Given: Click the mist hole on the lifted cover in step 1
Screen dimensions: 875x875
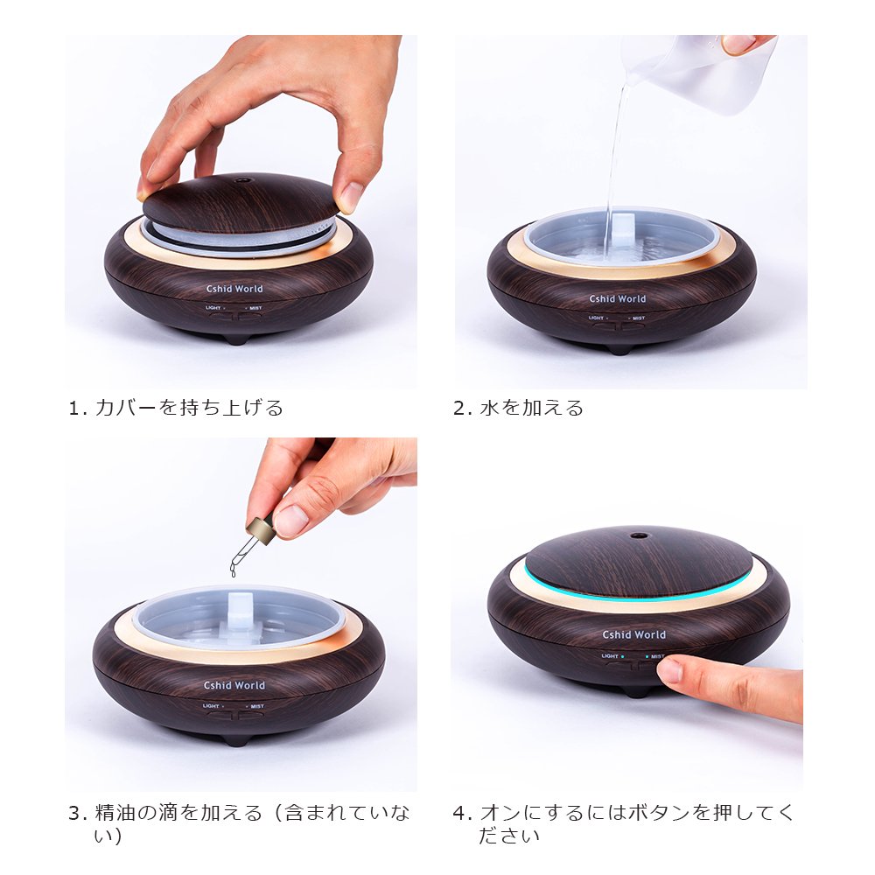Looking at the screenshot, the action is (242, 181).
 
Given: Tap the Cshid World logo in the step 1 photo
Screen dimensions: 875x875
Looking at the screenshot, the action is (234, 289).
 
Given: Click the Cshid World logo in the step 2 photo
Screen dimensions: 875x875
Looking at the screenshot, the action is (618, 298).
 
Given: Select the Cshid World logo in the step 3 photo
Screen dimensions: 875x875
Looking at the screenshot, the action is (234, 685).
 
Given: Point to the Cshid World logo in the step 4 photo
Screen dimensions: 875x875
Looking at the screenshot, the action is (633, 634).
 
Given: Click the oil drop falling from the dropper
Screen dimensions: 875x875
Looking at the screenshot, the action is (234, 570).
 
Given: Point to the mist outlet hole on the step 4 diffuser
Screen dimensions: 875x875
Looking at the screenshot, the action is (638, 536).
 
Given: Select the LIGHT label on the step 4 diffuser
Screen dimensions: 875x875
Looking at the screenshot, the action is (610, 656).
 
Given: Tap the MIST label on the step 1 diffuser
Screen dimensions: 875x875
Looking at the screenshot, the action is (255, 308).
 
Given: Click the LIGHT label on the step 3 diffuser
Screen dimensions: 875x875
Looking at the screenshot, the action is (211, 706).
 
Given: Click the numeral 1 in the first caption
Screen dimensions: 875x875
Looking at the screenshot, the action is (74, 409).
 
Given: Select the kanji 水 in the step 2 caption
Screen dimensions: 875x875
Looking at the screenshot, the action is (489, 408).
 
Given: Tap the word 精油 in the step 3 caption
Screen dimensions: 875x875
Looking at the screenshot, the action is (115, 813).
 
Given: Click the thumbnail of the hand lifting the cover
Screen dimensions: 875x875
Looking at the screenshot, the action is (241, 212).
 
